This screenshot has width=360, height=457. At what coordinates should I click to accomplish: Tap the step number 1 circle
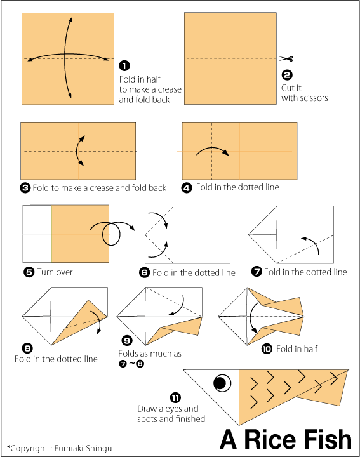124,65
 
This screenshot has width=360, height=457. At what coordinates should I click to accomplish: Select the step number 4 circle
187,187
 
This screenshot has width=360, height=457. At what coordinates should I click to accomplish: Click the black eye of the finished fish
220,383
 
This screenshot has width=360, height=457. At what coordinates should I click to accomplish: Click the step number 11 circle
175,397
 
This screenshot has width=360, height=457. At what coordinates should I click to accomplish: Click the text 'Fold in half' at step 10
297,348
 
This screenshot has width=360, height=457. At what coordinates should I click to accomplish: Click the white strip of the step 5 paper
37,234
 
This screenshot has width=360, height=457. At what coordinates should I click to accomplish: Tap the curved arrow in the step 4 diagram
212,151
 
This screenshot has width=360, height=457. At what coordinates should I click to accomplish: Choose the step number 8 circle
27,348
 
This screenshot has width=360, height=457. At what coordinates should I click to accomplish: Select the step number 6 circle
144,273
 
